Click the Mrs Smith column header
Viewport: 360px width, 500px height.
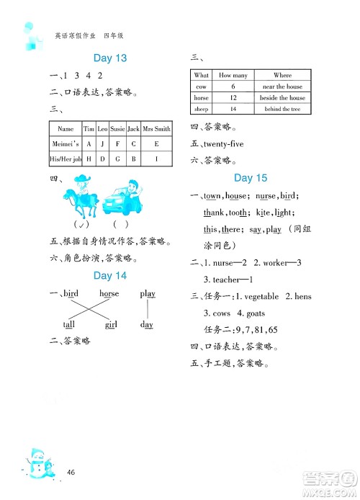pyautogui.click(x=157, y=129)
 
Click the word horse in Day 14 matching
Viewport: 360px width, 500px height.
pyautogui.click(x=109, y=294)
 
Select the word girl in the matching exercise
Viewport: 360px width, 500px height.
pyautogui.click(x=111, y=325)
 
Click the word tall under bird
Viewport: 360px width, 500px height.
pyautogui.click(x=68, y=325)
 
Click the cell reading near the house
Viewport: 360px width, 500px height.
pyautogui.click(x=282, y=86)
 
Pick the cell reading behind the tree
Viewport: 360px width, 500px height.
pyautogui.click(x=282, y=109)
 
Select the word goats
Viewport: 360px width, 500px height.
pyautogui.click(x=258, y=313)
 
